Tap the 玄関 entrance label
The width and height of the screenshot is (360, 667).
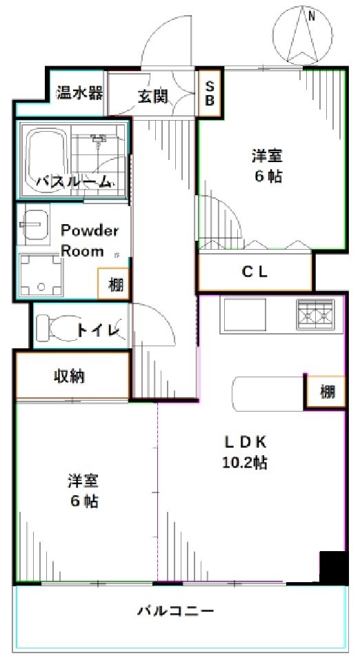[152, 96]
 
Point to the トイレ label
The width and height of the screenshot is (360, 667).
[99, 330]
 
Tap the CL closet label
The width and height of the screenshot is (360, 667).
[254, 271]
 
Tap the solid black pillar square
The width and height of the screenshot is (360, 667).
[332, 567]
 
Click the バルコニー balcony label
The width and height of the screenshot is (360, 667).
[176, 610]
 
